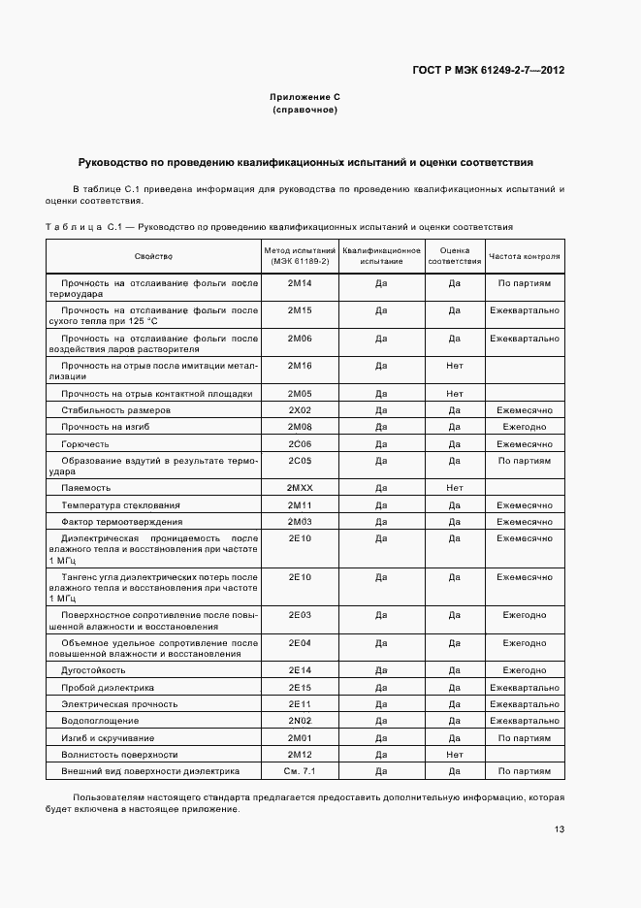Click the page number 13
click(560, 828)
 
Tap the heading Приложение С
click(304, 97)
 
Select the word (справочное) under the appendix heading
click(304, 111)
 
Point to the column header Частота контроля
click(525, 256)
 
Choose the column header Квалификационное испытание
click(381, 256)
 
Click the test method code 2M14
click(300, 283)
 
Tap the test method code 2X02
click(300, 410)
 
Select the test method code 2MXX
click(300, 487)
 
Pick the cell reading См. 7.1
click(300, 770)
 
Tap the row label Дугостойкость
click(93, 669)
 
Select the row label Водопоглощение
click(100, 720)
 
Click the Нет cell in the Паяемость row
click(454, 487)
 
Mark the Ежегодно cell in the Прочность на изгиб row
click(525, 427)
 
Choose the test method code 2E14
click(300, 669)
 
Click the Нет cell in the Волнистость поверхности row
click(454, 754)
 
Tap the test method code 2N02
click(300, 720)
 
